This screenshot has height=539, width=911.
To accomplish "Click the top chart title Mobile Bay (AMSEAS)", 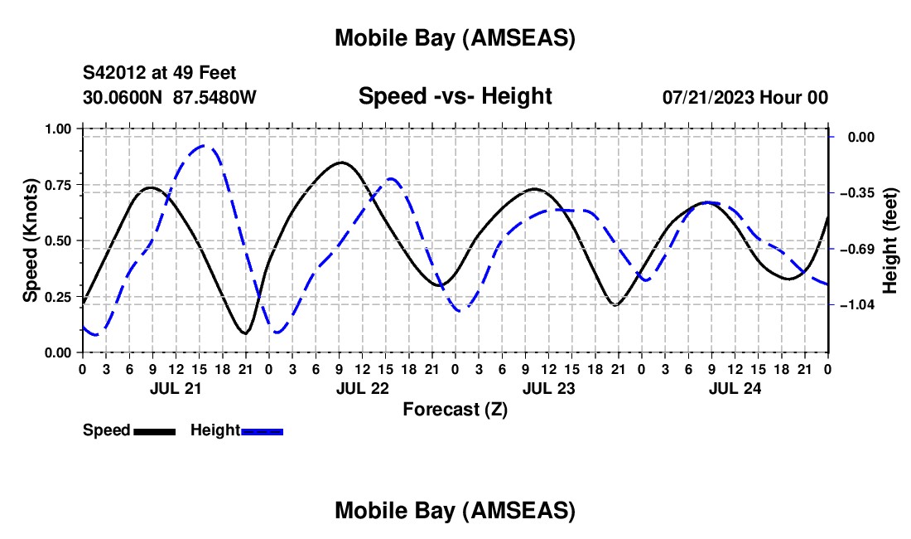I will tap(455, 38).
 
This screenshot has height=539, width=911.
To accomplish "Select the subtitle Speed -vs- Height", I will tap(455, 96).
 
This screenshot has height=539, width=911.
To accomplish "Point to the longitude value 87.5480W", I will tap(214, 97).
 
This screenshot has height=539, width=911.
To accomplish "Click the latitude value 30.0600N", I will tap(123, 97).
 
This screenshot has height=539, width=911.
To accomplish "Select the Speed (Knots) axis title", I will tap(31, 240).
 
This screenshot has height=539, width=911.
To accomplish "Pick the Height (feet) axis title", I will tap(891, 240).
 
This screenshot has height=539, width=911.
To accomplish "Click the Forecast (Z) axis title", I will tap(455, 409).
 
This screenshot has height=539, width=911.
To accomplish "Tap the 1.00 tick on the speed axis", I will tap(59, 129).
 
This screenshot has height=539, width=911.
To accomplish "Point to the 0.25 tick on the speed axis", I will tap(59, 297).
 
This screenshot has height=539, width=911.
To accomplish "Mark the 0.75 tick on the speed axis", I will tap(59, 185).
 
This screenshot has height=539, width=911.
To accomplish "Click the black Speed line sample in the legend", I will tap(154, 430).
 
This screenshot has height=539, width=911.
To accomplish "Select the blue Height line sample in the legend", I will tap(263, 430).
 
